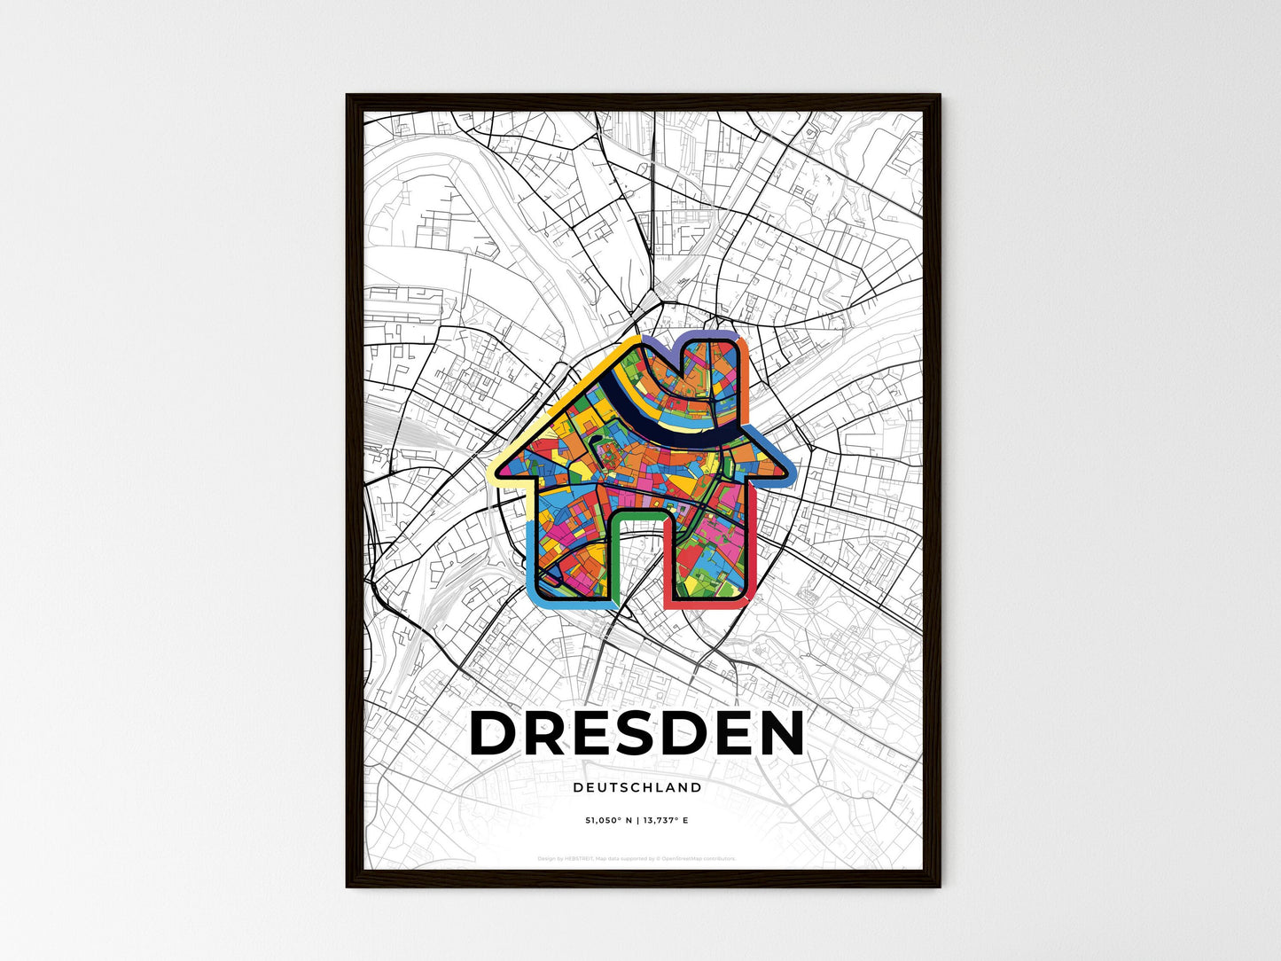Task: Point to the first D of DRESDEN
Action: [x=496, y=734]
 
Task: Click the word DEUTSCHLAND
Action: [x=637, y=787]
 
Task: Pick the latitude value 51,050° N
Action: [x=605, y=820]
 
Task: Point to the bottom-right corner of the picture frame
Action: [x=939, y=886]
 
